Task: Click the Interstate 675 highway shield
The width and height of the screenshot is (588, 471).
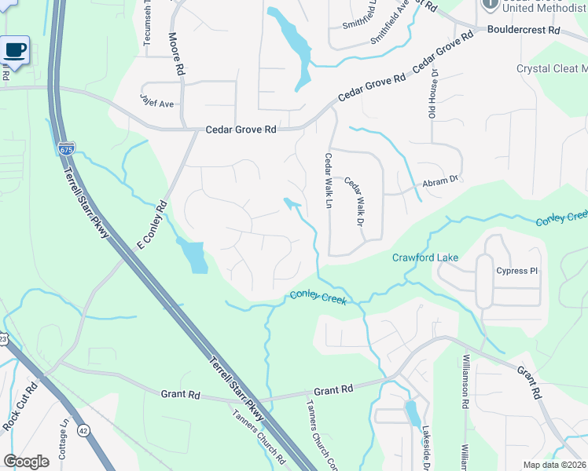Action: [66, 148]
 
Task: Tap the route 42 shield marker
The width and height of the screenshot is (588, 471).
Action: [83, 429]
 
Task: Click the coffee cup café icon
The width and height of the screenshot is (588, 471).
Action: [16, 51]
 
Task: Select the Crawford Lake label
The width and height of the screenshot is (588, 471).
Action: [425, 257]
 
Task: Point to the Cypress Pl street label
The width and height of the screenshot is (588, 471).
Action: [516, 272]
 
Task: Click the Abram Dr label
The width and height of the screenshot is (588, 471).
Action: [440, 180]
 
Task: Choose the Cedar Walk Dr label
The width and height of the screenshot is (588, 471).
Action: [354, 200]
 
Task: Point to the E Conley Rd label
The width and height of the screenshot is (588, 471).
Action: [153, 225]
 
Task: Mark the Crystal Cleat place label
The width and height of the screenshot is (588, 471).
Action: [551, 68]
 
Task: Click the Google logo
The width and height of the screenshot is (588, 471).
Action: [25, 462]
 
